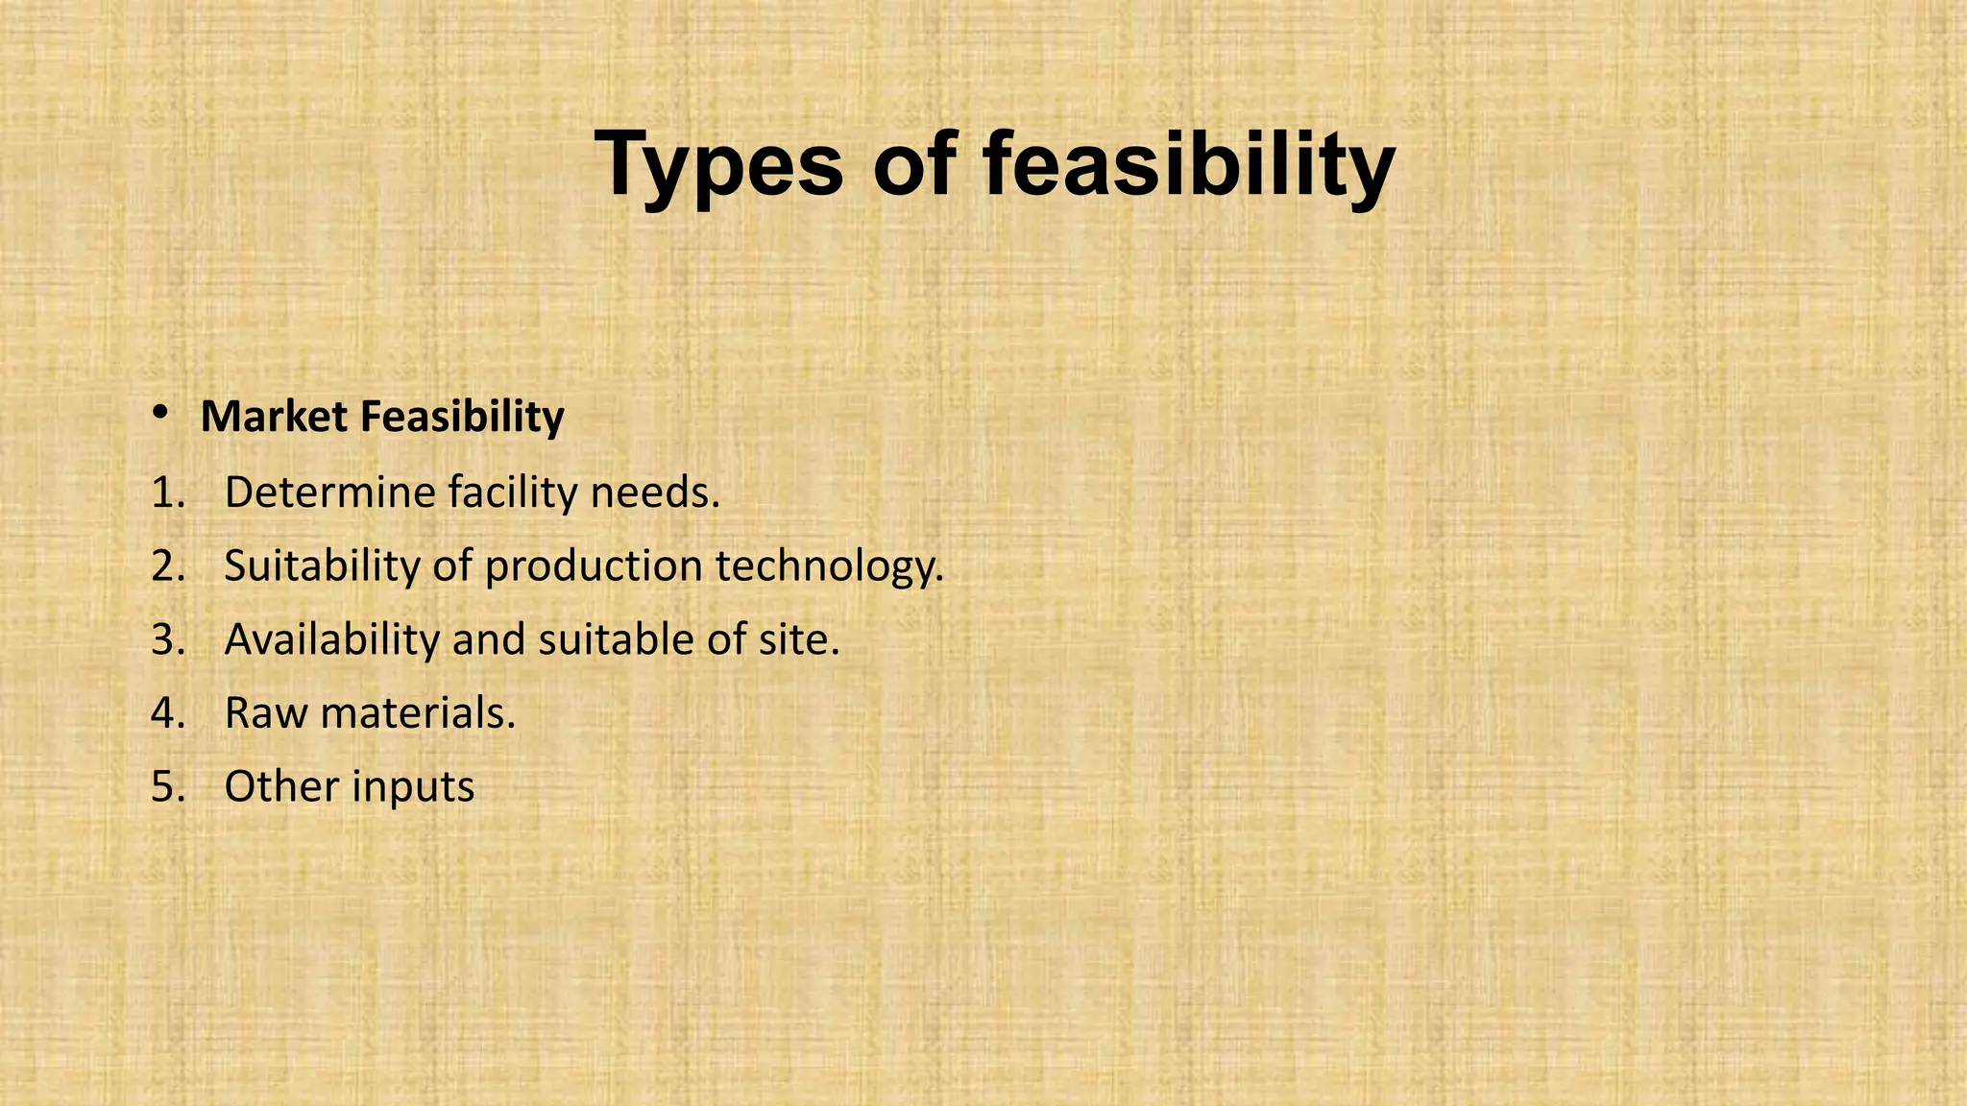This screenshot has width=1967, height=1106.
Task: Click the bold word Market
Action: [274, 417]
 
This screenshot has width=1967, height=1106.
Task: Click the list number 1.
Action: [167, 493]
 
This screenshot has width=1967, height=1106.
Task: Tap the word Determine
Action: [329, 493]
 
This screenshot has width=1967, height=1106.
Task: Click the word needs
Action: [654, 493]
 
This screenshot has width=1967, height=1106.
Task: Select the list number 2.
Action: [167, 566]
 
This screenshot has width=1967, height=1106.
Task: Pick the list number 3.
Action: [167, 640]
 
